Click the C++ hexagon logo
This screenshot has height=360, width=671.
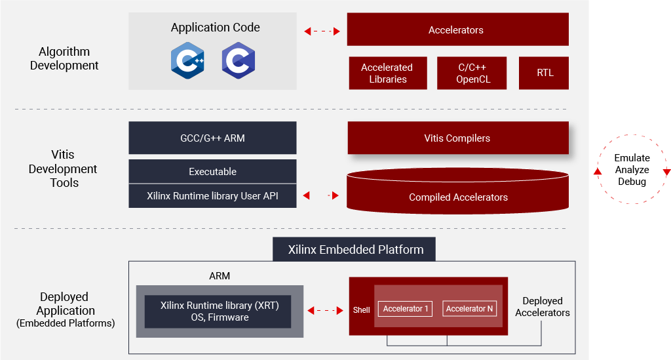187,60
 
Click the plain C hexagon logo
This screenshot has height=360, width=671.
239,60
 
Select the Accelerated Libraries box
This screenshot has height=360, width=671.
388,73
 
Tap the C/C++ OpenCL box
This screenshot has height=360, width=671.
472,73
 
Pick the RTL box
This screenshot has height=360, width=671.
544,73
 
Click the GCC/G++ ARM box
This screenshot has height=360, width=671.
213,138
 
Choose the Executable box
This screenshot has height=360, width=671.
213,172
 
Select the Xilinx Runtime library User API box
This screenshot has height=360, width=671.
213,196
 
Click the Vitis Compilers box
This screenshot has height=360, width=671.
458,138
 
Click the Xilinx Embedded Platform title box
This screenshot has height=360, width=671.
355,249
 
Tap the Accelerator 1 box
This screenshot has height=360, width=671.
405,309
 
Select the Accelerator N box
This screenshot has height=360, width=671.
469,309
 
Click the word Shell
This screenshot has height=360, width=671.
361,310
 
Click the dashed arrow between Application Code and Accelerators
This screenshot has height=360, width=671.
322,31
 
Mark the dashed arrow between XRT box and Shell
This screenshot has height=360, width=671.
325,310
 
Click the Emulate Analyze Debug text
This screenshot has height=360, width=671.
632,170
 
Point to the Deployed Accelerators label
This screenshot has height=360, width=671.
542,306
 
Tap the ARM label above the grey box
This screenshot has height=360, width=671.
220,276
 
